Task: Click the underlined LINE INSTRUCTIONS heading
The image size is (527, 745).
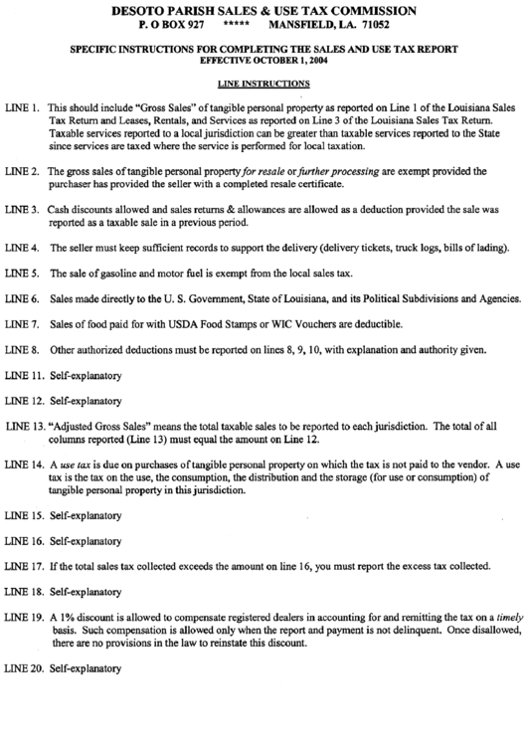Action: pos(263,85)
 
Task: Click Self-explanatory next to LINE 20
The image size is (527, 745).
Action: pos(85,668)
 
